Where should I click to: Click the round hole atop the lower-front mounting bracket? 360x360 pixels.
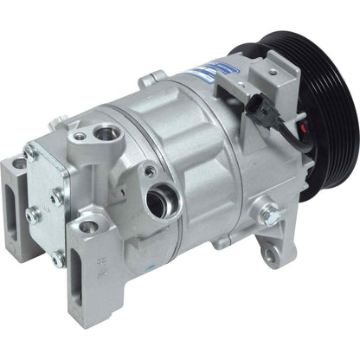click(x=87, y=227)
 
